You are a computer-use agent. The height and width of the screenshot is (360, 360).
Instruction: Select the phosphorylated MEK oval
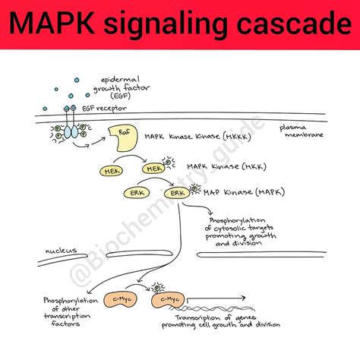(x=153, y=169)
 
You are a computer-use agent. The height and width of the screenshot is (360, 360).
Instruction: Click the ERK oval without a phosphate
(x=137, y=193)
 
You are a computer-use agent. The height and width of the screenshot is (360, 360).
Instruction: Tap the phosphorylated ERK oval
(x=179, y=193)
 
